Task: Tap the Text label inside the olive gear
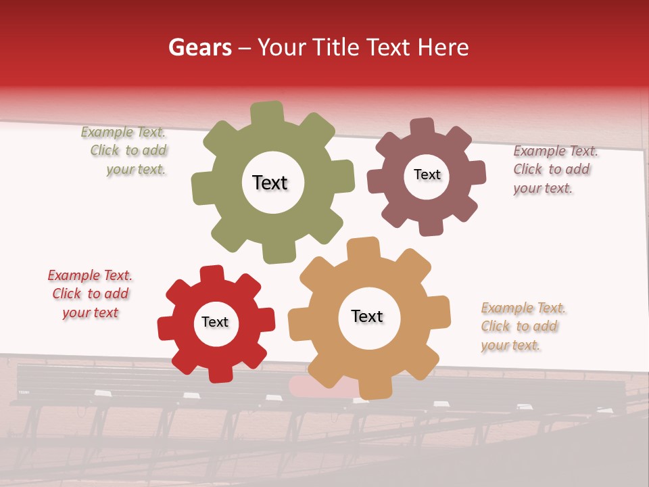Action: point(270,183)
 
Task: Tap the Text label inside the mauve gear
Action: point(427,175)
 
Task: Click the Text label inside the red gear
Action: point(215,322)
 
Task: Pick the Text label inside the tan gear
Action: point(367,316)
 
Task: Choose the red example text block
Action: point(90,294)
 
